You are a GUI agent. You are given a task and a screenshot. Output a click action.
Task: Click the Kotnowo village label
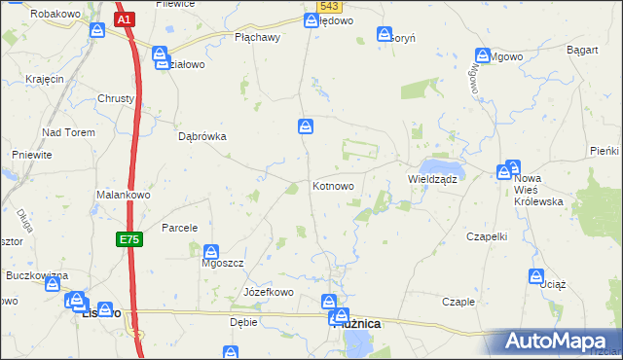[x=339, y=186]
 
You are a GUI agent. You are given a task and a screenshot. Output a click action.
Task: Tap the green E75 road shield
[x=129, y=239]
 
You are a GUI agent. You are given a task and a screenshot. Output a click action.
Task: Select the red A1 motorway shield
[x=124, y=18]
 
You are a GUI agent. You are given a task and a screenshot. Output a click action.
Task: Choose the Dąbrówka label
[x=202, y=137]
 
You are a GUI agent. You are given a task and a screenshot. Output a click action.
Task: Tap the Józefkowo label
[x=268, y=292]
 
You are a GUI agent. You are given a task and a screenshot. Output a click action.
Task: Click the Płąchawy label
[x=257, y=38]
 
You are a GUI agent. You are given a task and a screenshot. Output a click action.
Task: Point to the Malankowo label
[x=122, y=195]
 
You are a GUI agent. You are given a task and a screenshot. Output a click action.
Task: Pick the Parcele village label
[x=180, y=228]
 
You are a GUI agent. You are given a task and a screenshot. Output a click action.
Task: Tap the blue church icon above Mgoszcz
[x=211, y=250]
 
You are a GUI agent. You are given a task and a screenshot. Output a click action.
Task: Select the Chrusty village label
[x=117, y=98]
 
